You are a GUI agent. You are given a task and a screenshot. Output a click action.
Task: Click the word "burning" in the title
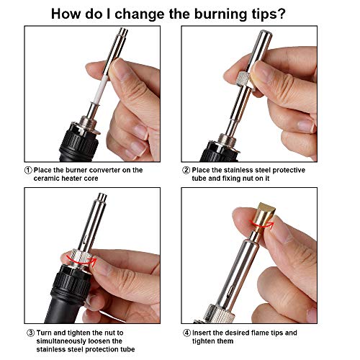(220, 14)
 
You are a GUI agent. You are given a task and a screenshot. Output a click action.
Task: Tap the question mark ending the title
(282, 14)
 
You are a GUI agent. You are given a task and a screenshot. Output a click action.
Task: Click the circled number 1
(28, 170)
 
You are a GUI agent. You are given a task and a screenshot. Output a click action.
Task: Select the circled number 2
(186, 170)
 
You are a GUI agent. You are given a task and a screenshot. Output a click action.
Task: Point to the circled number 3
(31, 333)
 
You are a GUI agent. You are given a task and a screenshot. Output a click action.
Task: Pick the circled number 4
(186, 333)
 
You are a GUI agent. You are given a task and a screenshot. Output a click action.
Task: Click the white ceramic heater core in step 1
(100, 89)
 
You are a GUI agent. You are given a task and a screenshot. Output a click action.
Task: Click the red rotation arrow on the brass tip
(261, 225)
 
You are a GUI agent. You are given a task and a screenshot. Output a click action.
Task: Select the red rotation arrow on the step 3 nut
(81, 261)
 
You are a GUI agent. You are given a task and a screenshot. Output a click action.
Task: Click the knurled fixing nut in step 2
(245, 79)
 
